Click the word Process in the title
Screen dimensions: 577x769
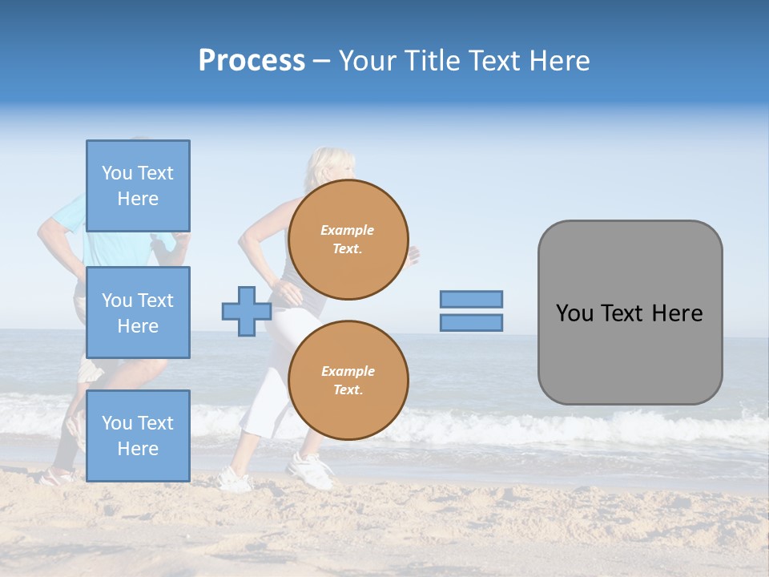(252, 61)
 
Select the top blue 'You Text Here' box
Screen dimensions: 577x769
(138, 186)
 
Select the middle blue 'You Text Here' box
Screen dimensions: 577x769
(138, 313)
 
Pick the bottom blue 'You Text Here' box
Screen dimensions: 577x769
(138, 436)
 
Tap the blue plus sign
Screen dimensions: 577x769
(247, 311)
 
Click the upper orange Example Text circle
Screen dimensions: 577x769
(348, 240)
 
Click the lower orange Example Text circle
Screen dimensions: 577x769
(348, 381)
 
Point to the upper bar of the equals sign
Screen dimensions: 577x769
(471, 299)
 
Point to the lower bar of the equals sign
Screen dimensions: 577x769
(471, 322)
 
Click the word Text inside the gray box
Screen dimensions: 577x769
(622, 313)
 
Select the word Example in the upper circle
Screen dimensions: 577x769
(348, 230)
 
